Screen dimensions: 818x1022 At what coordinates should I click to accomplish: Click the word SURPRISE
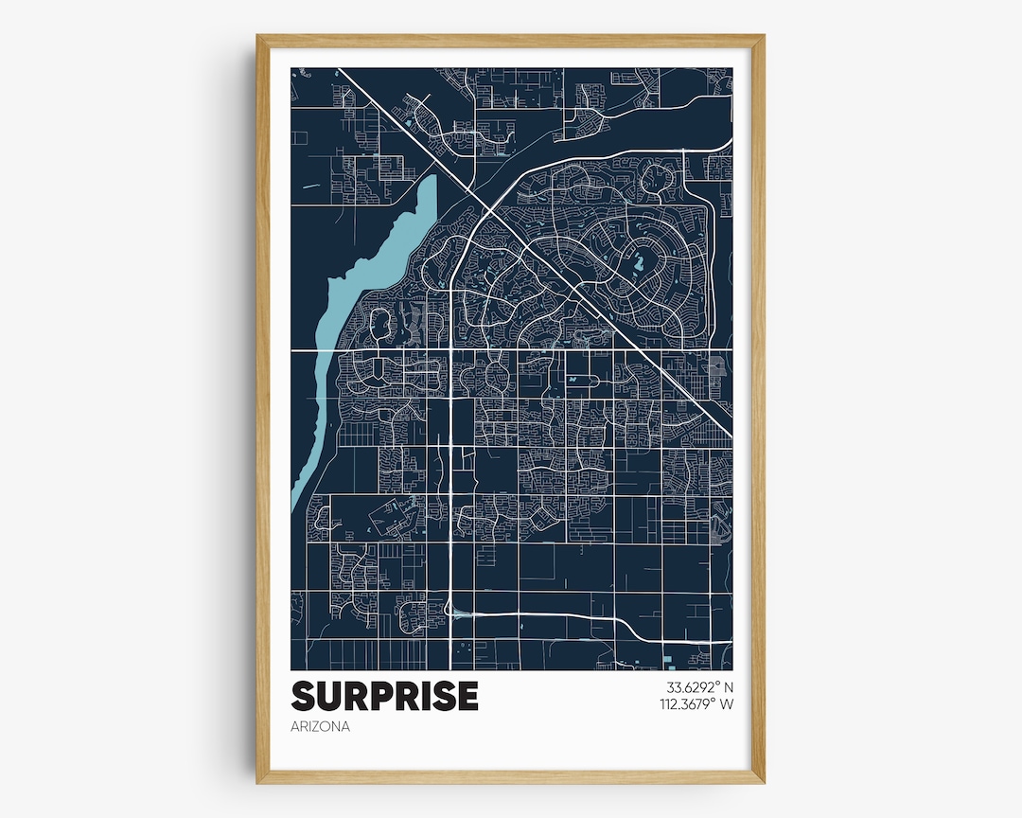tap(385, 696)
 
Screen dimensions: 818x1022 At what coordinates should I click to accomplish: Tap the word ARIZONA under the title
tap(321, 727)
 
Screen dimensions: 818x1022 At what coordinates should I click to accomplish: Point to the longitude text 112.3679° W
tap(696, 703)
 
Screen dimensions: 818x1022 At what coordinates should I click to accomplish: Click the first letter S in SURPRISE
tap(304, 696)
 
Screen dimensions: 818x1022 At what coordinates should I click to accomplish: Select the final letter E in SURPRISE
tap(467, 696)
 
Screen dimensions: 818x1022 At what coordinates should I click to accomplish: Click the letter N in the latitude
tap(730, 687)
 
